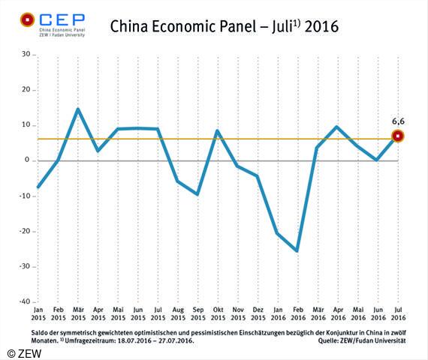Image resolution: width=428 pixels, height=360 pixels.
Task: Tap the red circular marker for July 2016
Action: (x=398, y=136)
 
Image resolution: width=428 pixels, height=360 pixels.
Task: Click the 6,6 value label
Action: (x=398, y=120)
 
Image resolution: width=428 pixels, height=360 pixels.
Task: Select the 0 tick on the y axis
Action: (x=26, y=160)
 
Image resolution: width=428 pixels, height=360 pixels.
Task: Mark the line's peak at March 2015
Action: (x=77, y=109)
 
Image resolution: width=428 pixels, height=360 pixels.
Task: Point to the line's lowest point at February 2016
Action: (x=297, y=250)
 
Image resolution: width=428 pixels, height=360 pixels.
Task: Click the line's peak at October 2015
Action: (x=217, y=130)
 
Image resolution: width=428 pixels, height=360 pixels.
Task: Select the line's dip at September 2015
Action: (x=197, y=194)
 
